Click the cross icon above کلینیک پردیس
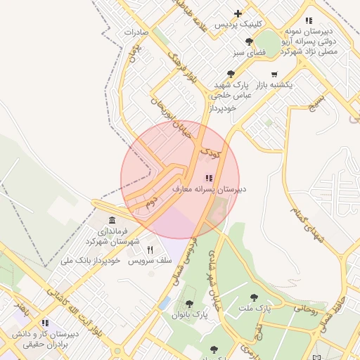238,13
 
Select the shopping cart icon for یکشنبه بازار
274,74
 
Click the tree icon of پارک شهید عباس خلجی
231,74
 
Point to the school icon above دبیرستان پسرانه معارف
207,178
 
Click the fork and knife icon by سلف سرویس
150,250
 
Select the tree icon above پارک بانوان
189,304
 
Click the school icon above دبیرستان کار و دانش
45,323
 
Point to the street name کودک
210,151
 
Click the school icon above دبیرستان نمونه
309,22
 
